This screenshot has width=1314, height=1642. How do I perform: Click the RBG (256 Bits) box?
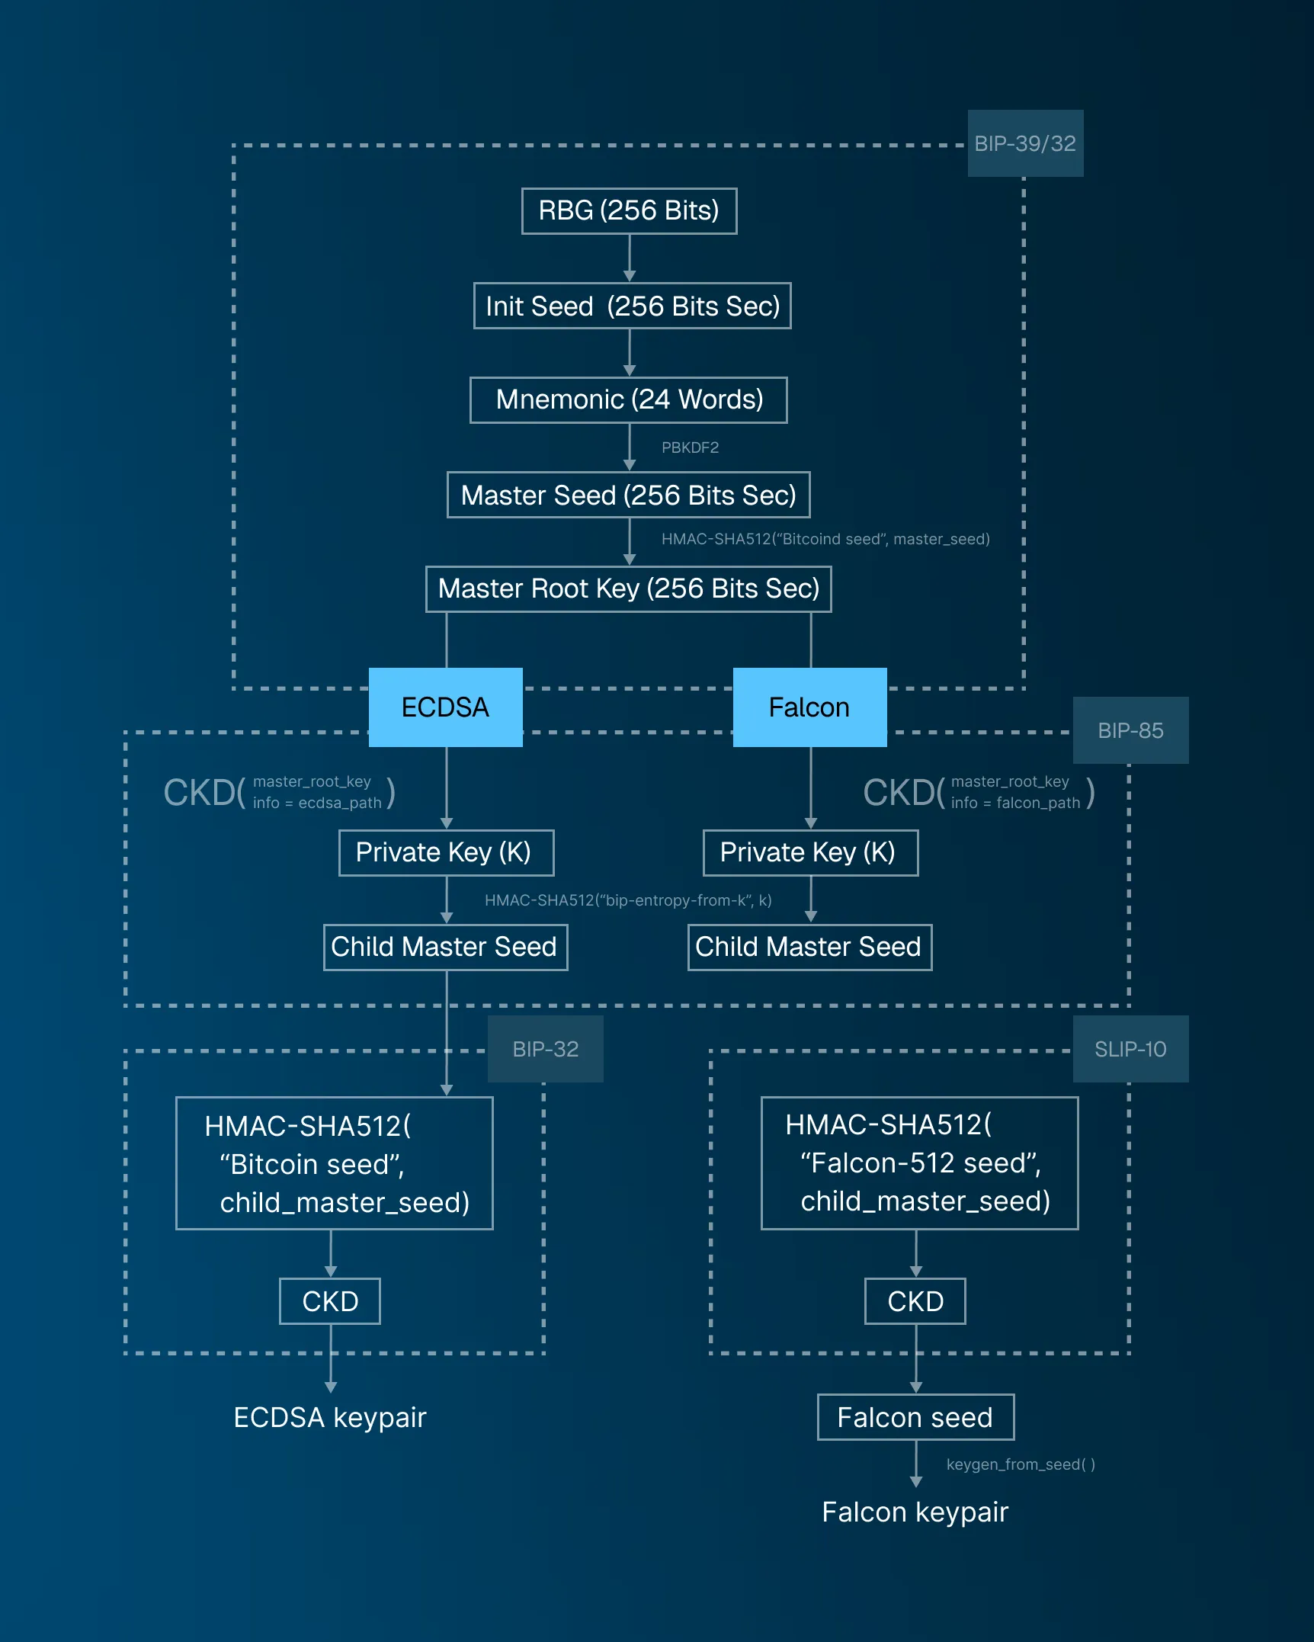[x=629, y=210]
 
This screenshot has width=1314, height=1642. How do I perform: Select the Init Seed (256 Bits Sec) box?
[x=632, y=306]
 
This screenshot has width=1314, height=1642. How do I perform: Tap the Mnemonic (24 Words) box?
[x=628, y=399]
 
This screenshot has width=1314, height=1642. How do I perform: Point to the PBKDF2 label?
[x=690, y=447]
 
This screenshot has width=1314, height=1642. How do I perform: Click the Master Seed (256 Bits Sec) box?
[x=628, y=495]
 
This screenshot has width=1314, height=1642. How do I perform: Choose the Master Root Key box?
[x=628, y=588]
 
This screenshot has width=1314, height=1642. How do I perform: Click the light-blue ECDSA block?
[x=445, y=707]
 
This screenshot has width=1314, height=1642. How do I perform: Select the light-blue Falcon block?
[x=809, y=707]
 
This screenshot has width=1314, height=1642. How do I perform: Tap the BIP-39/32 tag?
[x=1025, y=143]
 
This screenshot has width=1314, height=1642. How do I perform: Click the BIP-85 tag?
[x=1130, y=730]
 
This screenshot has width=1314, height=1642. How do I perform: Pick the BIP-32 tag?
[x=545, y=1049]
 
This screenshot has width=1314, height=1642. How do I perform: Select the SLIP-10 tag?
[x=1130, y=1049]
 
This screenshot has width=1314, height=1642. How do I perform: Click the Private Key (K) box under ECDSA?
[x=446, y=852]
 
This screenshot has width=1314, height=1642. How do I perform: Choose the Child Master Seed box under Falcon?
[x=809, y=947]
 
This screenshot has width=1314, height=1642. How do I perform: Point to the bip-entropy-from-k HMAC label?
[x=628, y=900]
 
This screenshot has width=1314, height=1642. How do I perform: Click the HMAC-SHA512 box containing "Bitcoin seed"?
[x=334, y=1163]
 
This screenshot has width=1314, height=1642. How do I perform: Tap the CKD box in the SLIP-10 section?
[x=915, y=1301]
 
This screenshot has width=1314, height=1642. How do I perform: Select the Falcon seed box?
[x=915, y=1417]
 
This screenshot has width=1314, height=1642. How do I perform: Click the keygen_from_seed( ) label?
[x=1020, y=1464]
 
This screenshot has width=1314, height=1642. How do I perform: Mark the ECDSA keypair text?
[x=329, y=1417]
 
